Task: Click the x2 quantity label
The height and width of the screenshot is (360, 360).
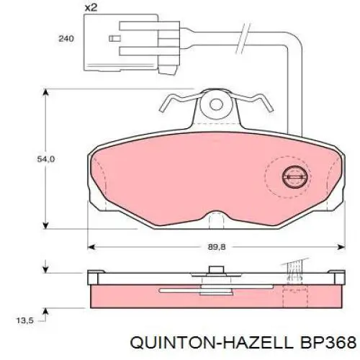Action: pos(91,8)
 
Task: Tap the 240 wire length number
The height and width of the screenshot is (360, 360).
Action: pos(66,38)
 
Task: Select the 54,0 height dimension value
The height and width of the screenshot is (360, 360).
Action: pos(46,159)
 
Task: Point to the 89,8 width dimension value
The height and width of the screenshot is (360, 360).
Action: pos(217,247)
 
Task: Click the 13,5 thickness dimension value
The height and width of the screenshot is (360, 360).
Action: pos(25,320)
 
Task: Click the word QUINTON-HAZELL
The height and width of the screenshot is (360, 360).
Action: pos(212,342)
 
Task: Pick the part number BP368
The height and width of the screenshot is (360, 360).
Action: pos(327,342)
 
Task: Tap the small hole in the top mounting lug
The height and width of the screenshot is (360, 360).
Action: pos(216,104)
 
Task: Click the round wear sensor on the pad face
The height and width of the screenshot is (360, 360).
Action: pos(295,177)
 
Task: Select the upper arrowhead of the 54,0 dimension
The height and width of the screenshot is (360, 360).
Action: pos(45,93)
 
